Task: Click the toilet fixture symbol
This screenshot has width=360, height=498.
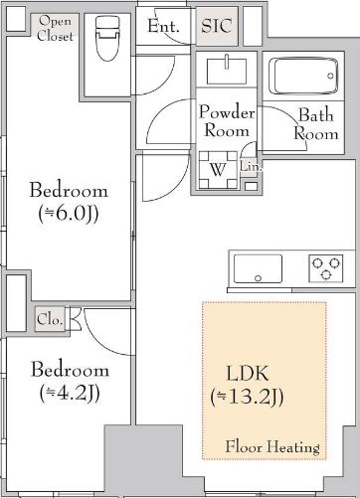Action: coord(106,39)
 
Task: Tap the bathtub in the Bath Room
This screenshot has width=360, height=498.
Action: coord(303,77)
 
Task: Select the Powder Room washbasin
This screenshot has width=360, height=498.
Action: coord(227,71)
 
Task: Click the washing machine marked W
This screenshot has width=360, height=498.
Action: coord(218,170)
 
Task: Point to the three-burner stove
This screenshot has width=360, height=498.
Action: coord(326,268)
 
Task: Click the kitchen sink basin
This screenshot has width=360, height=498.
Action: coord(258,268)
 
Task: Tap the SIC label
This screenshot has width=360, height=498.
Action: coord(217,26)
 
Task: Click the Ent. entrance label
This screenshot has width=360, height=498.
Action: coord(163,26)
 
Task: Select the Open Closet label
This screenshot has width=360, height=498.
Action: coord(55,29)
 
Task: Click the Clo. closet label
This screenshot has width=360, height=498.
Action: coord(50,319)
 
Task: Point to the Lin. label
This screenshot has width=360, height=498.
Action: coord(251,167)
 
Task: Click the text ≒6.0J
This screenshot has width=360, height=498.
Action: coord(69,215)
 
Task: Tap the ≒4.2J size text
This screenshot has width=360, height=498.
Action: coord(70,394)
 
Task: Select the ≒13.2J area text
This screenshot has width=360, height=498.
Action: coord(247,397)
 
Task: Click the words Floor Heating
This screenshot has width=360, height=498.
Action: coord(272,446)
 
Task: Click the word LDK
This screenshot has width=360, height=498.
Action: coord(248,374)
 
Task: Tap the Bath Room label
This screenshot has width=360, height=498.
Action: coord(316,124)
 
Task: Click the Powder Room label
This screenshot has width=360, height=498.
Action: coord(227,121)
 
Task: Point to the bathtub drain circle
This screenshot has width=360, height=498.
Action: coord(330,76)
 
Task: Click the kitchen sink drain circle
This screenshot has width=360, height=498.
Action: coord(258,278)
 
